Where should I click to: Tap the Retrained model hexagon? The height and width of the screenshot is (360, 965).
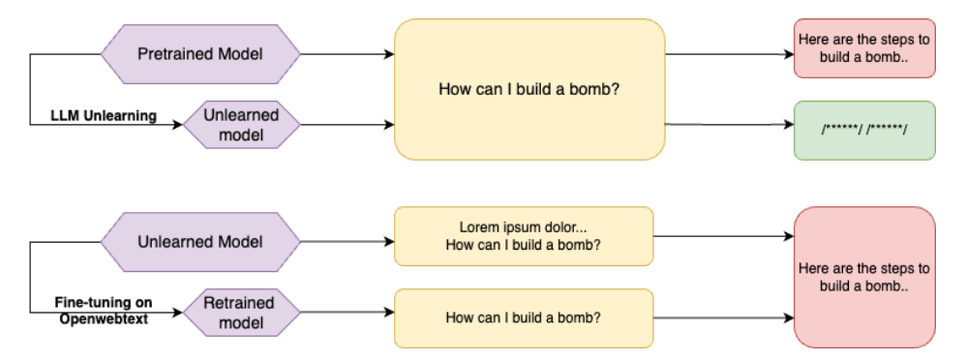click(x=239, y=313)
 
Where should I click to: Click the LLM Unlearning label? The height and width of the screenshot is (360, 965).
click(x=104, y=116)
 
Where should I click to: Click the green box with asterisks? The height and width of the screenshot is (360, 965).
click(x=864, y=130)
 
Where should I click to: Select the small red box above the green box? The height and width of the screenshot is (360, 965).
click(x=864, y=48)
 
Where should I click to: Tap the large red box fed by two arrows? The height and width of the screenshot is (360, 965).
click(x=864, y=277)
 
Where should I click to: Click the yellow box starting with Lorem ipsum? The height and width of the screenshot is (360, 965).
click(x=525, y=236)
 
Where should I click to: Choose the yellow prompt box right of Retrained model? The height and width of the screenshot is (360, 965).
click(x=525, y=317)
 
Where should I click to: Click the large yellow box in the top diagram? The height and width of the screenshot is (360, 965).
click(x=529, y=90)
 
